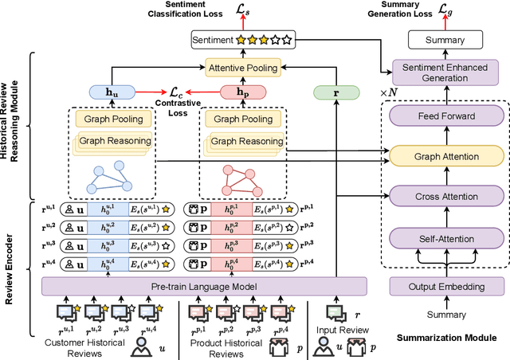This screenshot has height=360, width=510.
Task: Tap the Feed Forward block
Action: (447, 115)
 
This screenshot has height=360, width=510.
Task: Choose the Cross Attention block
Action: (447, 196)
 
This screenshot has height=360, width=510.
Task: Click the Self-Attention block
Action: (447, 239)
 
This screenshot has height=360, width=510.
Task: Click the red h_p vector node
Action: (241, 92)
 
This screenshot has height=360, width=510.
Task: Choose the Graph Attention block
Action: (447, 156)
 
